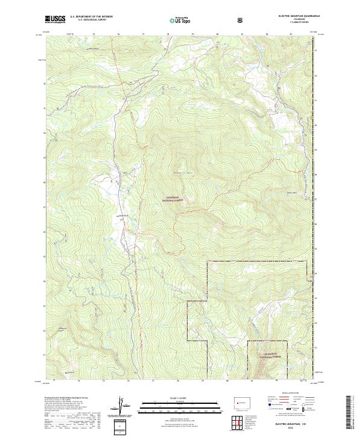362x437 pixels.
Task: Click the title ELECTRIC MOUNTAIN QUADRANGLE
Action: tap(293, 16)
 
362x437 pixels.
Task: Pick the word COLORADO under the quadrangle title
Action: tap(293, 19)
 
